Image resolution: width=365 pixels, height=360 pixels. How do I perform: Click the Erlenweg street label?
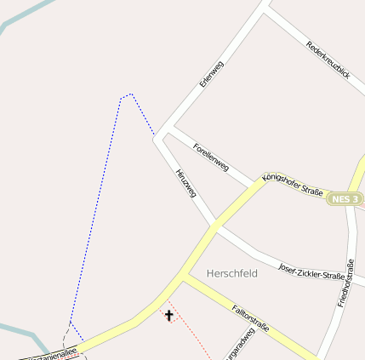(x=210, y=73)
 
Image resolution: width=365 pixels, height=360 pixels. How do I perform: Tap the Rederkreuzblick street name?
(x=328, y=60)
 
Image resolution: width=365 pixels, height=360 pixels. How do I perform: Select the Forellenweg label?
(x=211, y=157)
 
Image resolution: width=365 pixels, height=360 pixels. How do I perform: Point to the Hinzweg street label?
(x=185, y=183)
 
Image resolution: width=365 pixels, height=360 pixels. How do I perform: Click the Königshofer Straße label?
(x=293, y=186)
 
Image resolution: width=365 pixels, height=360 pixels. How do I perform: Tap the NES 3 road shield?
(x=346, y=198)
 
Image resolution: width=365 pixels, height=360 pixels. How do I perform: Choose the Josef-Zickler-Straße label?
(x=311, y=271)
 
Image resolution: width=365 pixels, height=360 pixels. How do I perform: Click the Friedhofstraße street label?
(x=347, y=281)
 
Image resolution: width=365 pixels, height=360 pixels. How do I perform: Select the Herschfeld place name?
(x=232, y=273)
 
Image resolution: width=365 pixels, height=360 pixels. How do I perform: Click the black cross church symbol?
(x=168, y=316)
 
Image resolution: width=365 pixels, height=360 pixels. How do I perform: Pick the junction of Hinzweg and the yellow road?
(x=214, y=227)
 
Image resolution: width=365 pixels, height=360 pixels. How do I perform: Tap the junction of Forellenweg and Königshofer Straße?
(x=255, y=185)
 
